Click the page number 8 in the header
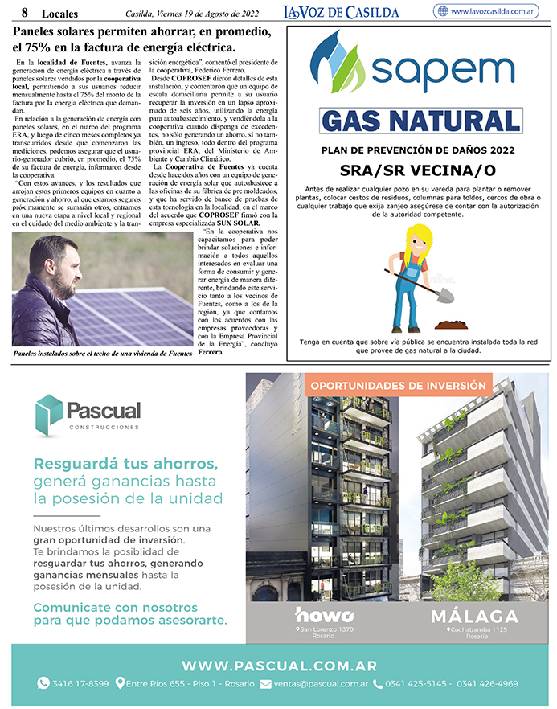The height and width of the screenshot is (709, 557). pyautogui.click(x=25, y=12)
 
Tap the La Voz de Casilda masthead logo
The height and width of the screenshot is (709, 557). pyautogui.click(x=341, y=11)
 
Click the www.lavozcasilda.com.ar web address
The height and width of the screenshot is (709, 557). pyautogui.click(x=493, y=11)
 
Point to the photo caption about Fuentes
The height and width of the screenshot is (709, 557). pyautogui.click(x=103, y=353)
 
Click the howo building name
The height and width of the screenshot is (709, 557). pyautogui.click(x=326, y=615)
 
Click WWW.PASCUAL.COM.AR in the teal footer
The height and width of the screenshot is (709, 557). pyautogui.click(x=279, y=666)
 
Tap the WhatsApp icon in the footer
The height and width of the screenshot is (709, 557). pyautogui.click(x=43, y=684)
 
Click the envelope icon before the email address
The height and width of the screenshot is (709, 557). pyautogui.click(x=265, y=684)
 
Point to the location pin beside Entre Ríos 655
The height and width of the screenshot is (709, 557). pyautogui.click(x=120, y=684)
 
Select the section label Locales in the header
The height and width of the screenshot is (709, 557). pyautogui.click(x=59, y=13)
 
